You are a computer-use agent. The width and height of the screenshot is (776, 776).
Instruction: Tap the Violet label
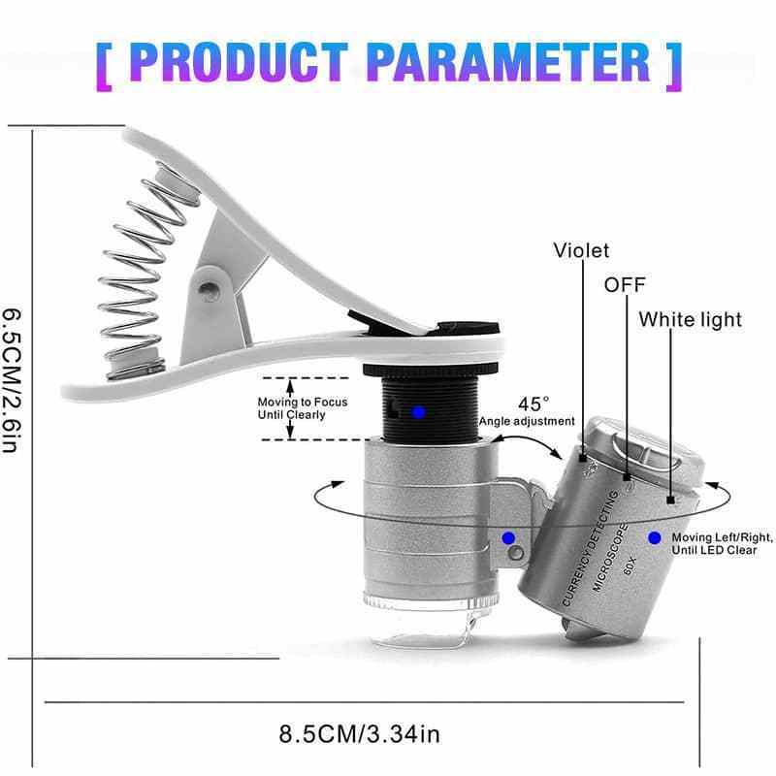pyautogui.click(x=581, y=251)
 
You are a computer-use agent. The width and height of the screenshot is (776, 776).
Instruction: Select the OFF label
pyautogui.click(x=625, y=285)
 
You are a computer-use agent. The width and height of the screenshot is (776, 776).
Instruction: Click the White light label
pyautogui.click(x=690, y=319)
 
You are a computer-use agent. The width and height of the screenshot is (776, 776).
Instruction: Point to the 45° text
pyautogui.click(x=533, y=403)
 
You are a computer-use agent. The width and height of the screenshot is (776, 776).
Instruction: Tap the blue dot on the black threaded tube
pyautogui.click(x=418, y=412)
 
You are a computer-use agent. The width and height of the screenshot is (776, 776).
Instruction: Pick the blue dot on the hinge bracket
pyautogui.click(x=507, y=537)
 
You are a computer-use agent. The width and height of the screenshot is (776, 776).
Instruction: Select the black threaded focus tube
pyautogui.click(x=419, y=407)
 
